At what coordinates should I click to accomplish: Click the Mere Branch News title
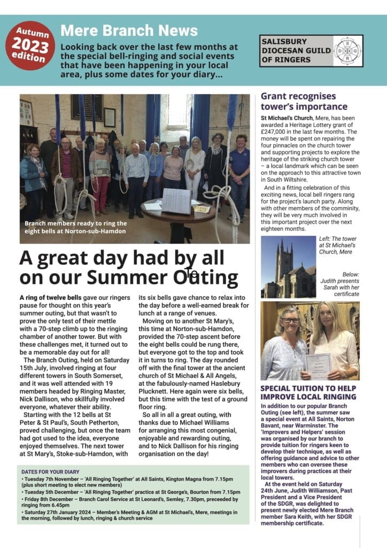(x=129, y=31)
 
